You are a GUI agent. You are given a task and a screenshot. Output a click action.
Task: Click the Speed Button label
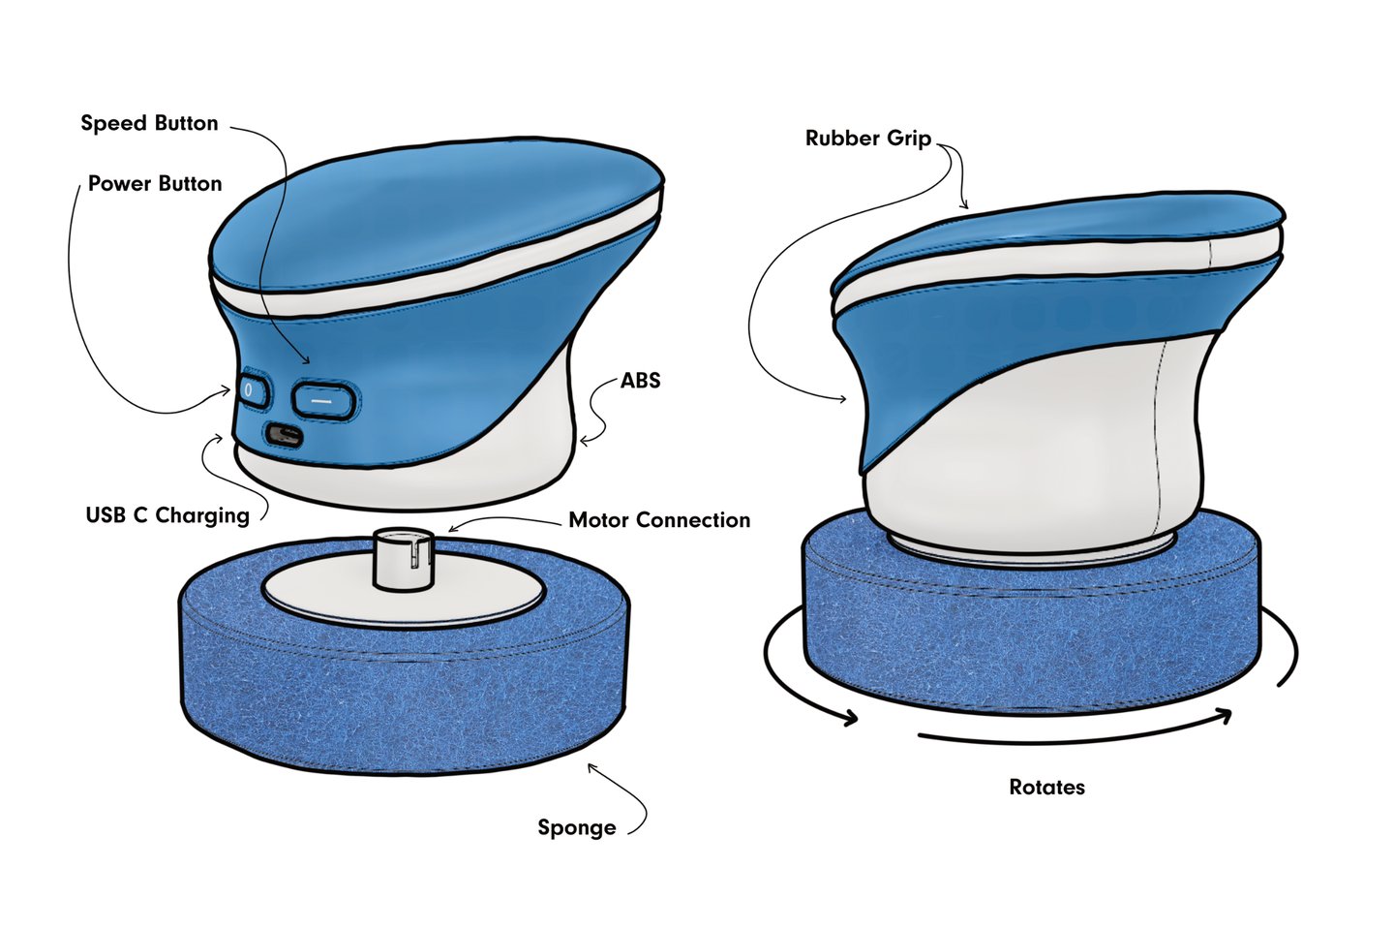tap(149, 123)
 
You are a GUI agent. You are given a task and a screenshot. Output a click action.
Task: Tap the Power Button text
tap(155, 184)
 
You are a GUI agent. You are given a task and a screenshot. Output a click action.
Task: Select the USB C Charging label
tap(167, 515)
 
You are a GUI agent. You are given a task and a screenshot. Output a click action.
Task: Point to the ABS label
tap(641, 381)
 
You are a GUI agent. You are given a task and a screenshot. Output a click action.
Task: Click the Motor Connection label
tap(659, 520)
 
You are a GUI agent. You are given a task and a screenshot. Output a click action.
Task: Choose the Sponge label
tap(577, 828)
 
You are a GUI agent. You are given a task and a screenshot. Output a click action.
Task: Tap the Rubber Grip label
tap(868, 139)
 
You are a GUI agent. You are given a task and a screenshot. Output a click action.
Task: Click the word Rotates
tap(1046, 788)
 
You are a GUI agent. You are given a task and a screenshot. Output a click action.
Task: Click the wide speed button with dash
tap(323, 400)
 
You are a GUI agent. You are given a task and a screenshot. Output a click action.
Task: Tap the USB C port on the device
tap(285, 435)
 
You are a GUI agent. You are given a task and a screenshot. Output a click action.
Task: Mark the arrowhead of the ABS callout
tap(585, 442)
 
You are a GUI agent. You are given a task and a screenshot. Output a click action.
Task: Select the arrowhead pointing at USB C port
tap(217, 439)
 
